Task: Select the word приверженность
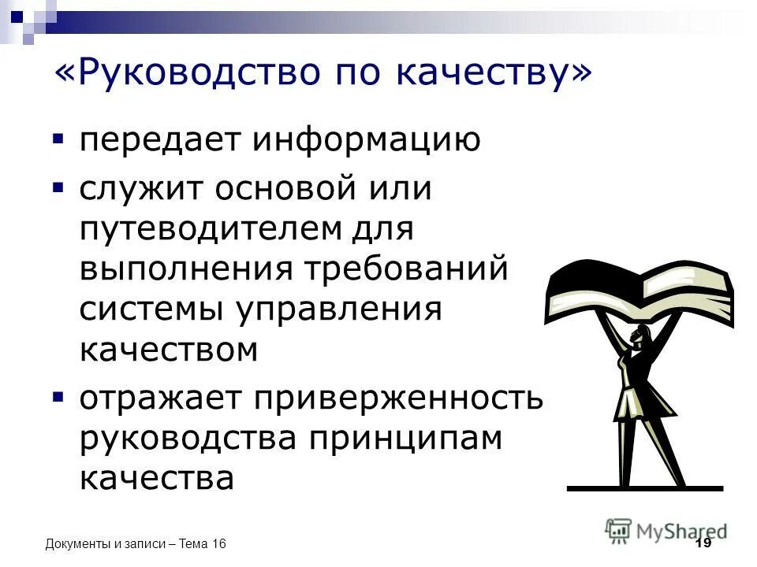398,398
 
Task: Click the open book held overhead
639,288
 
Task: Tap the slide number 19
703,544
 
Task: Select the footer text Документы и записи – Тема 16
136,544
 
